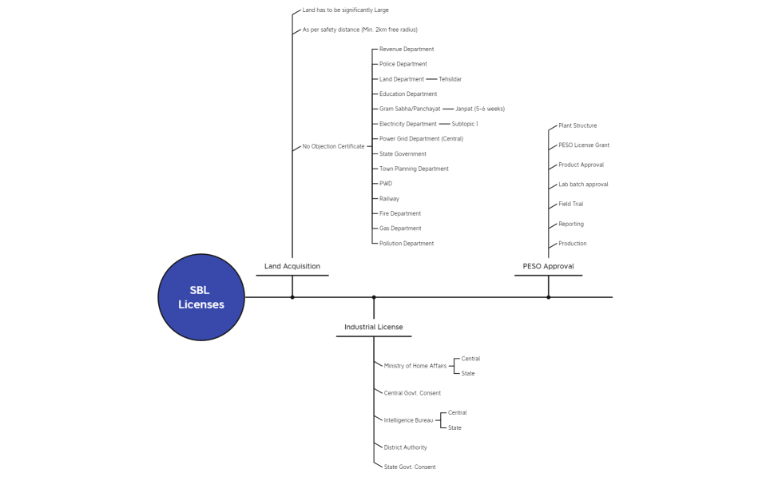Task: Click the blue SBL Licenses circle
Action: (201, 297)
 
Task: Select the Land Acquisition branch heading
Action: (292, 266)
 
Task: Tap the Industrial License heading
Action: (374, 327)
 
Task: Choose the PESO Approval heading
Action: (548, 266)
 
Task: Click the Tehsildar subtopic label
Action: (450, 79)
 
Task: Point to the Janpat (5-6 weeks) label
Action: (480, 109)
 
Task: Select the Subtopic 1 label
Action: (465, 125)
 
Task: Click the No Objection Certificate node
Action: (333, 146)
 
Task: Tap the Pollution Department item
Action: (407, 244)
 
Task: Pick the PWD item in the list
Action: (386, 184)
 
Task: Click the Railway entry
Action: (389, 199)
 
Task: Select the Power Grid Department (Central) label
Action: (421, 139)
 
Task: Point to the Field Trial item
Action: (570, 205)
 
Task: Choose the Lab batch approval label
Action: (583, 185)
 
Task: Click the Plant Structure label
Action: (577, 125)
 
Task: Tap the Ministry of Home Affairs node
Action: (415, 366)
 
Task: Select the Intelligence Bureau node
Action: (408, 420)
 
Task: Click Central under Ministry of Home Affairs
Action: (470, 359)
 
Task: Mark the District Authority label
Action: (405, 447)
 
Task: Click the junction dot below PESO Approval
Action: (549, 297)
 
